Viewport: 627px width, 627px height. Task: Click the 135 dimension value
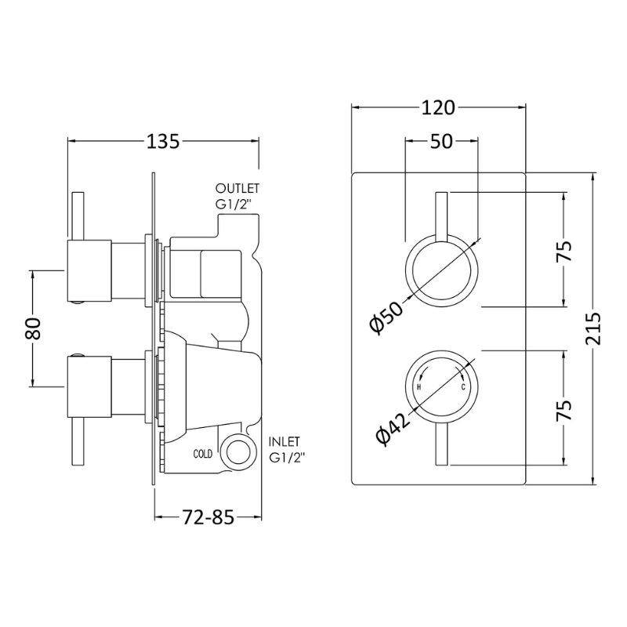tap(163, 142)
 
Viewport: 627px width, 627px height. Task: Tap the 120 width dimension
tap(438, 108)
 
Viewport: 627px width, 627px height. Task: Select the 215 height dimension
tap(593, 328)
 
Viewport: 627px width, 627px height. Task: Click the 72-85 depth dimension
tap(208, 517)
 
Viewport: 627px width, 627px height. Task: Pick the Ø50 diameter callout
tap(386, 317)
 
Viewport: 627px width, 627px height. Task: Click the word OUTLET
tap(237, 188)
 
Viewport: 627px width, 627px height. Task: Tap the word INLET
tap(285, 441)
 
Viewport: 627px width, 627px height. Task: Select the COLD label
tap(203, 454)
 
